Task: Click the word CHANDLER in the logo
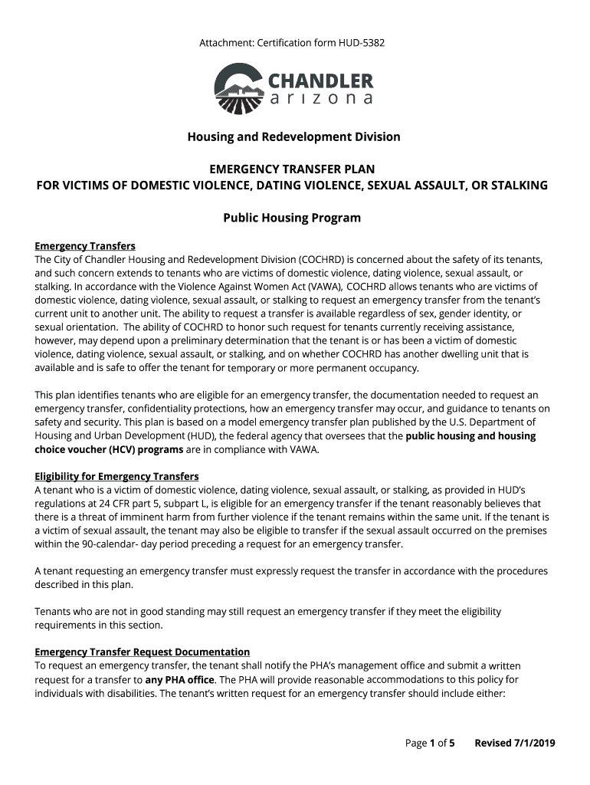tap(320, 80)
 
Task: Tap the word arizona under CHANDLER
tap(321, 100)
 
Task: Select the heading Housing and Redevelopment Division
tap(294, 136)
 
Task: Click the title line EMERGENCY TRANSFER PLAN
tap(293, 169)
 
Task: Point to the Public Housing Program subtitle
tap(291, 218)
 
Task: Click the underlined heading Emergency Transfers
tap(85, 246)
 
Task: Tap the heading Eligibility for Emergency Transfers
tap(116, 476)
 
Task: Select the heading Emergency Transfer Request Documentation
tap(142, 652)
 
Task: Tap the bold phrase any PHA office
tap(179, 679)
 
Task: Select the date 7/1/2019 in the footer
tap(533, 742)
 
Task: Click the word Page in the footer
tap(415, 742)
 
